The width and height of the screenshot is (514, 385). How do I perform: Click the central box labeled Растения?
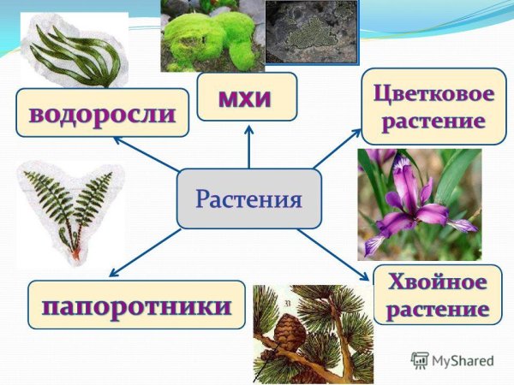248,198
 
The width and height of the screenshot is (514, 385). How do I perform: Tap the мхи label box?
247,96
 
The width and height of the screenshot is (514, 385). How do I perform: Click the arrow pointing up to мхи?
248,145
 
